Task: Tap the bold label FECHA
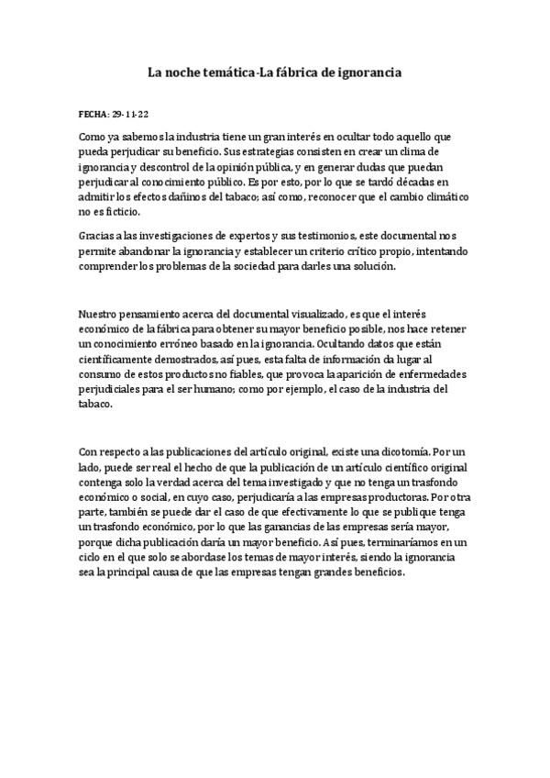pos(93,117)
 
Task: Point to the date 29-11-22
pos(129,117)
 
